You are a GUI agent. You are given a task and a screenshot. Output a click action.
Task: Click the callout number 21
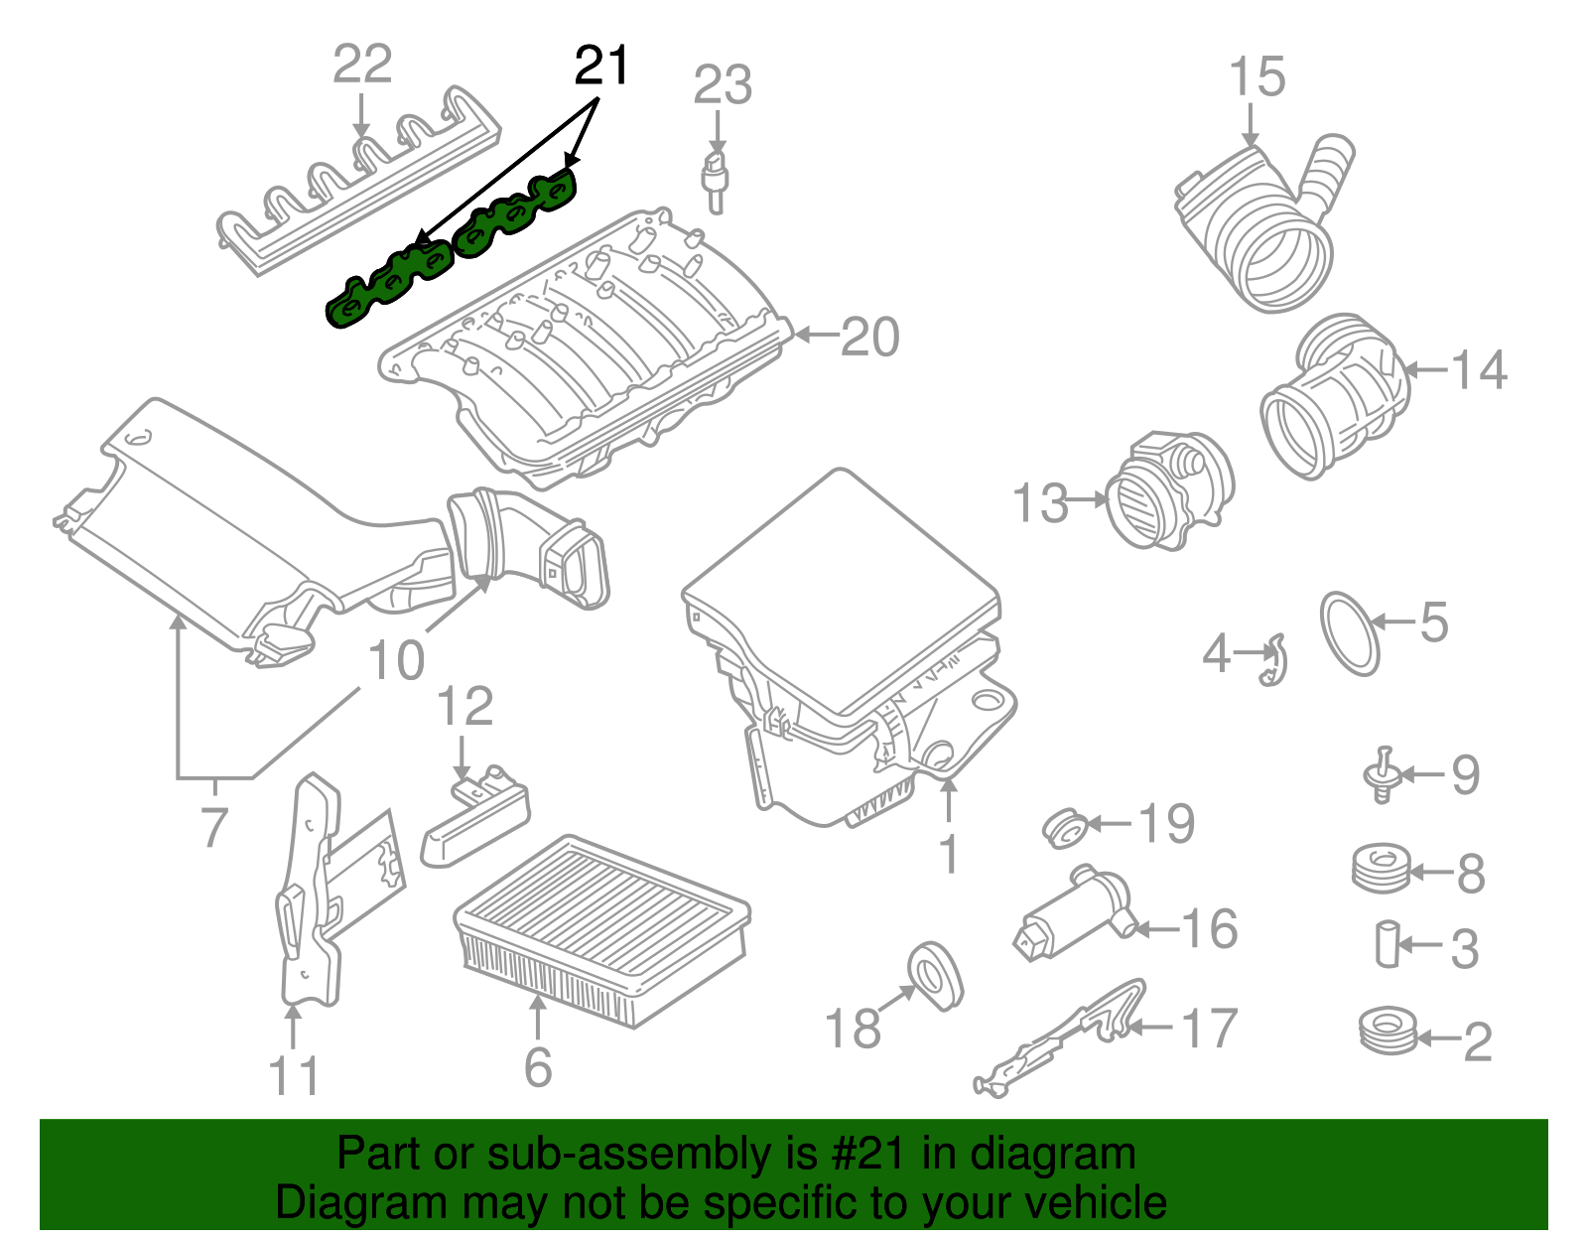click(x=601, y=67)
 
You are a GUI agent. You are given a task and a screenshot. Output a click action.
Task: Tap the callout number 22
click(x=362, y=65)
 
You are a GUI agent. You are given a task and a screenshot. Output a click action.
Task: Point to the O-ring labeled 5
click(x=1350, y=635)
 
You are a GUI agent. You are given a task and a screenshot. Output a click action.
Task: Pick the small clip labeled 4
click(x=1273, y=661)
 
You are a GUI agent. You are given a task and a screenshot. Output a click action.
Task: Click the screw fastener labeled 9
click(x=1381, y=774)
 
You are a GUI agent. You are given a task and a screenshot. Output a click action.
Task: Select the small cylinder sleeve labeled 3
click(x=1387, y=944)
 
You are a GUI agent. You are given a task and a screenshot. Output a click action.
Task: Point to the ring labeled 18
click(x=935, y=976)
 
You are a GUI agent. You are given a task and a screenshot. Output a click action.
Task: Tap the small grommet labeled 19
click(x=1066, y=828)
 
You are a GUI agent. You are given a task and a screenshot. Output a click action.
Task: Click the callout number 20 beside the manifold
click(x=870, y=338)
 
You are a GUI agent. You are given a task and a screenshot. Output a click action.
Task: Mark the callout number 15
click(x=1257, y=77)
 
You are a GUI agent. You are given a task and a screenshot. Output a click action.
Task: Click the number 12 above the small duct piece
click(x=464, y=707)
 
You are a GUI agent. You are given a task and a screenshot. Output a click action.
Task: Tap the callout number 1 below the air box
click(x=949, y=854)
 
